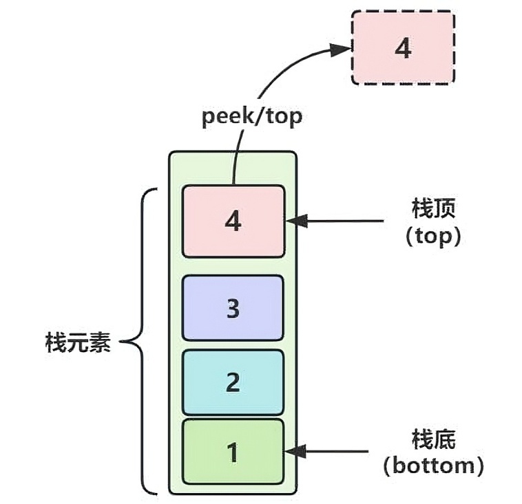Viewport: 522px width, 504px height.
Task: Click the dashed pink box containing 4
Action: pyautogui.click(x=403, y=48)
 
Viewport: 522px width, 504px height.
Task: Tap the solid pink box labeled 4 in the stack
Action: pyautogui.click(x=233, y=221)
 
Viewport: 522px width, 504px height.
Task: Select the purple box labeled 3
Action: pyautogui.click(x=233, y=308)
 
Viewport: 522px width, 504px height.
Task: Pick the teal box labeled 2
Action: pyautogui.click(x=233, y=382)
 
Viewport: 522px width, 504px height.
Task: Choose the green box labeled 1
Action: pyautogui.click(x=233, y=452)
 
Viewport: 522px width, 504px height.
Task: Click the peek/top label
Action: pyautogui.click(x=252, y=117)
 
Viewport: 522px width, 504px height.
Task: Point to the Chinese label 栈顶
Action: pyautogui.click(x=433, y=208)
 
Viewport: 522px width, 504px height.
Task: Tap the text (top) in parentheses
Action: pyautogui.click(x=433, y=237)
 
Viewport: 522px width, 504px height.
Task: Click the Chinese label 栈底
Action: pyautogui.click(x=433, y=439)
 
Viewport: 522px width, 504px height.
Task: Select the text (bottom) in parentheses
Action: pyautogui.click(x=433, y=466)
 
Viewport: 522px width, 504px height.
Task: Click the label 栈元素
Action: pyautogui.click(x=78, y=342)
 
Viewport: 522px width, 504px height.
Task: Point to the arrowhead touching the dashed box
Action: pyautogui.click(x=340, y=50)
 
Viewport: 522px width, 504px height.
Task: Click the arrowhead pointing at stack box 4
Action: pyautogui.click(x=296, y=221)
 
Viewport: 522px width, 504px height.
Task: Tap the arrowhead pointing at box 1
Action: pyautogui.click(x=295, y=451)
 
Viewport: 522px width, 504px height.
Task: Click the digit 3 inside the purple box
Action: pyautogui.click(x=233, y=309)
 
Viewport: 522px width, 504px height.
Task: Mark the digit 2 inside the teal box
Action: pyautogui.click(x=233, y=382)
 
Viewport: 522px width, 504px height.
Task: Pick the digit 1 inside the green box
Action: pyautogui.click(x=233, y=452)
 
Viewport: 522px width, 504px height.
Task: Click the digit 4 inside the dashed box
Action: pyautogui.click(x=403, y=48)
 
